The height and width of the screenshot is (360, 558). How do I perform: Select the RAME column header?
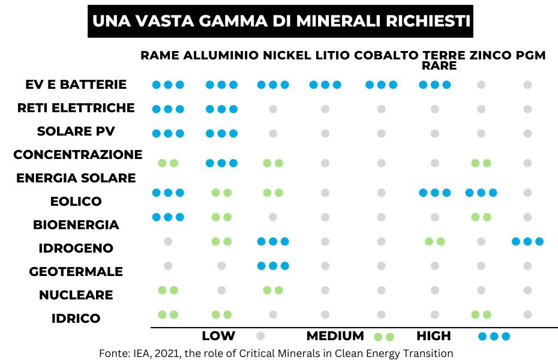[160, 56]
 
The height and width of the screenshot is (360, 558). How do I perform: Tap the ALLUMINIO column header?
[221, 56]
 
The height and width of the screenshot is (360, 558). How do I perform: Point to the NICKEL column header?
[287, 56]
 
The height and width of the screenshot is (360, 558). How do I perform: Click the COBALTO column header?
[386, 56]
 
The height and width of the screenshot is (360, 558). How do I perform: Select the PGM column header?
[530, 56]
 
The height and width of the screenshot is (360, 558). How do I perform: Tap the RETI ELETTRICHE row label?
[76, 108]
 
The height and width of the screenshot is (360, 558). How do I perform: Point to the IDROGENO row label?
[76, 248]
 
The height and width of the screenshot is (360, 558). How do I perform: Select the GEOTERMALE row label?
[76, 271]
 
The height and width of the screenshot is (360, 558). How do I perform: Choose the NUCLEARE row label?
[76, 295]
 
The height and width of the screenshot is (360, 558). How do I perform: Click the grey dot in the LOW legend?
[260, 336]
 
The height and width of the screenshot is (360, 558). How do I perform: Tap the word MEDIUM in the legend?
[335, 336]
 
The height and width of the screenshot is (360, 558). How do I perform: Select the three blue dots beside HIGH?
[494, 336]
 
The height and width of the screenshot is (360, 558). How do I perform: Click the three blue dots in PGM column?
[527, 241]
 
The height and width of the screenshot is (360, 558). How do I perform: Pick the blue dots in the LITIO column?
[325, 85]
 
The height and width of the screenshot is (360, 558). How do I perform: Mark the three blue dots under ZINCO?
[481, 193]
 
